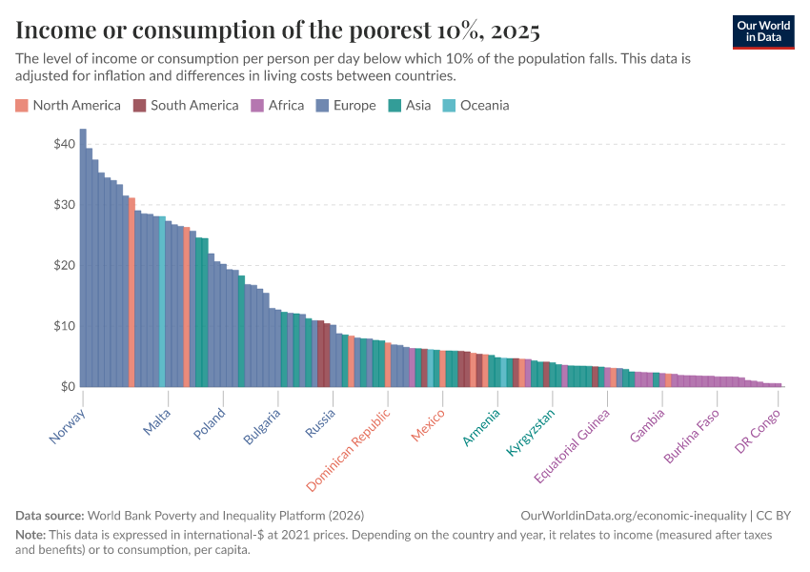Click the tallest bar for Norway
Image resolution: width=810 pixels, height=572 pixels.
pyautogui.click(x=83, y=257)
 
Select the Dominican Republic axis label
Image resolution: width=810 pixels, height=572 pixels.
pyautogui.click(x=350, y=450)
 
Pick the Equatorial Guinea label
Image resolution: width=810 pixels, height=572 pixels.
pyautogui.click(x=572, y=445)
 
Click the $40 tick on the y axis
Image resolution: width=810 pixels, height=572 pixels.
pyautogui.click(x=64, y=144)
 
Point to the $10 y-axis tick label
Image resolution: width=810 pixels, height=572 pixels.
pyautogui.click(x=64, y=326)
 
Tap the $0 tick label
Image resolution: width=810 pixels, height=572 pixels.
pyautogui.click(x=68, y=387)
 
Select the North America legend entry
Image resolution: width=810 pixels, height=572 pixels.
pyautogui.click(x=68, y=106)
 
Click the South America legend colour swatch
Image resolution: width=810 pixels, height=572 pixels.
pyautogui.click(x=139, y=106)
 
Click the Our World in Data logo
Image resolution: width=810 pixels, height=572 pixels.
pyautogui.click(x=763, y=31)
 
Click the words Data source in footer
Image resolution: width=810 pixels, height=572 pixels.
pyautogui.click(x=50, y=515)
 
